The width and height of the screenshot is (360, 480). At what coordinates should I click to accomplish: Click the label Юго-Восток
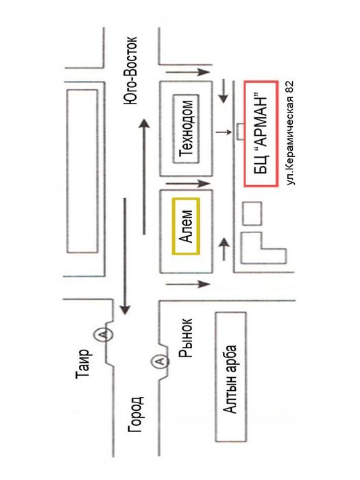130,71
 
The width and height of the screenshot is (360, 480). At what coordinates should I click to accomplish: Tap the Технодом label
187,128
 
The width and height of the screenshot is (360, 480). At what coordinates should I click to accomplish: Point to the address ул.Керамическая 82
289,133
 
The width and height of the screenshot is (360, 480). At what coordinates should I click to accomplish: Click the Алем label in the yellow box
186,226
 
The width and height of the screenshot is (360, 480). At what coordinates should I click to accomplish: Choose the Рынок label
186,338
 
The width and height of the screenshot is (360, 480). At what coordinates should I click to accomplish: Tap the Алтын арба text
230,379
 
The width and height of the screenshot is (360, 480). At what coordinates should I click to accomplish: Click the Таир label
83,364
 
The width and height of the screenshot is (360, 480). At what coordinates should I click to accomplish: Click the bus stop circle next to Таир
103,334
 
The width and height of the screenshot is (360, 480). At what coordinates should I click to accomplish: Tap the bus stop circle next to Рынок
160,361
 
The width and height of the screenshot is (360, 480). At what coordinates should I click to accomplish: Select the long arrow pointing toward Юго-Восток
144,177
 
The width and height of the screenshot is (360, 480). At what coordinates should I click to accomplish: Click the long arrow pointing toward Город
125,256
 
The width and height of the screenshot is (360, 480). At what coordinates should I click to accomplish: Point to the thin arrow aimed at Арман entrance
224,132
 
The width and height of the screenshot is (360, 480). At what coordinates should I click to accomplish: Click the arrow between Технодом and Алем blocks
188,184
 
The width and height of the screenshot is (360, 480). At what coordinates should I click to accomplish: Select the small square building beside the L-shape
252,213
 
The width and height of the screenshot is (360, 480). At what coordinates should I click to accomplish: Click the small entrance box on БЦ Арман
241,132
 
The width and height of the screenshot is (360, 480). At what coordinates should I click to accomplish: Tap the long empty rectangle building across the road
82,171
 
